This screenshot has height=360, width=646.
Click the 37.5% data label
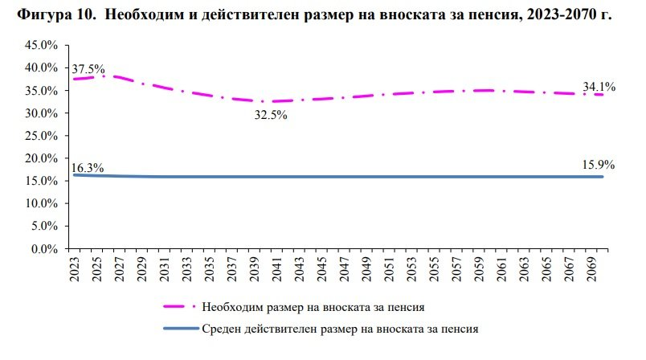pos(88,69)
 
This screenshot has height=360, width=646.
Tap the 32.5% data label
pos(271,115)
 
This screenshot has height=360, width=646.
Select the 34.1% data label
pos(599,87)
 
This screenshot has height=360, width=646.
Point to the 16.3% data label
pos(88,168)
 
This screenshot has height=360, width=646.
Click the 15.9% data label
pos(598,166)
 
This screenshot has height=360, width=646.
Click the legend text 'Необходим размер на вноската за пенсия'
pos(313,306)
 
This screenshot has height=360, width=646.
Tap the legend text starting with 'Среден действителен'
pos(341,328)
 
